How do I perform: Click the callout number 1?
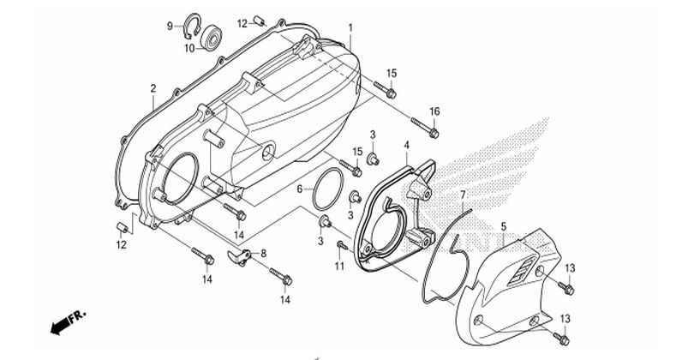(x=350, y=28)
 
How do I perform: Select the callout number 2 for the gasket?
(x=153, y=88)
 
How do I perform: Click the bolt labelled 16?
(x=424, y=126)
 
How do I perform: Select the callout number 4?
(x=407, y=145)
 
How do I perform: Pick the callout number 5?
(x=504, y=226)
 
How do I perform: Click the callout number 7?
(x=463, y=195)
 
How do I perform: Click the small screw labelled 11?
(x=341, y=245)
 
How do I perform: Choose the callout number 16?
(x=434, y=111)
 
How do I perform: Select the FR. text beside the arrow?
(x=77, y=316)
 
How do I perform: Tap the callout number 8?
(x=264, y=254)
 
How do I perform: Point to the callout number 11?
(x=339, y=266)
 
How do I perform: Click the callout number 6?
(x=300, y=189)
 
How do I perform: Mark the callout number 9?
(x=170, y=26)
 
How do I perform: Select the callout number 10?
(x=189, y=48)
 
